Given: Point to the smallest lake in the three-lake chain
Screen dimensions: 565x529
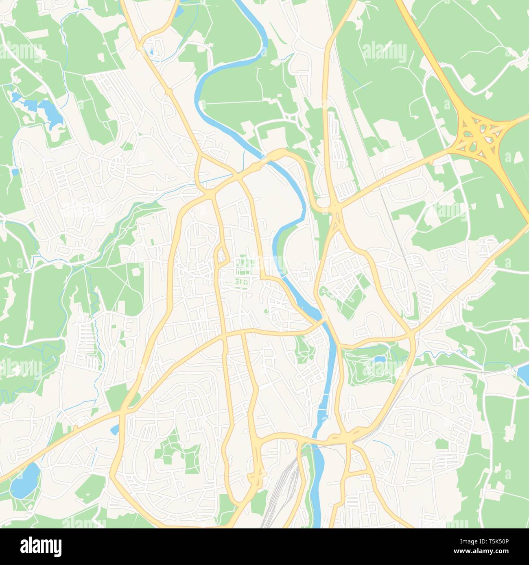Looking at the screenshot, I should coord(15,97).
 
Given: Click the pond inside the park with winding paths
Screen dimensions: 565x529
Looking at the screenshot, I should coord(379,359).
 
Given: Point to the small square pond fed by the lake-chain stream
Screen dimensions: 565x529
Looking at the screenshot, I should coord(15,172).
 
